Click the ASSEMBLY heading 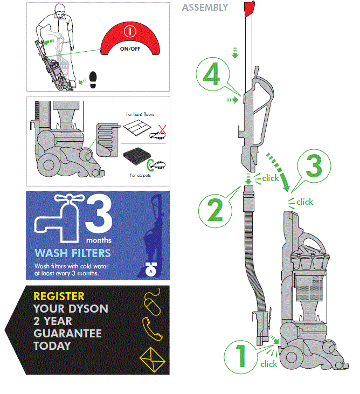tap(205, 8)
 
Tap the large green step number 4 tap(212, 76)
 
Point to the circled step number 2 tap(214, 210)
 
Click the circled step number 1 tap(240, 356)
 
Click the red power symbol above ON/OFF tap(128, 32)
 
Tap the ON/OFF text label tap(129, 48)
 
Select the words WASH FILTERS tap(73, 253)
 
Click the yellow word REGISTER tap(59, 296)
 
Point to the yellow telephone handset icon tap(150, 327)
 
